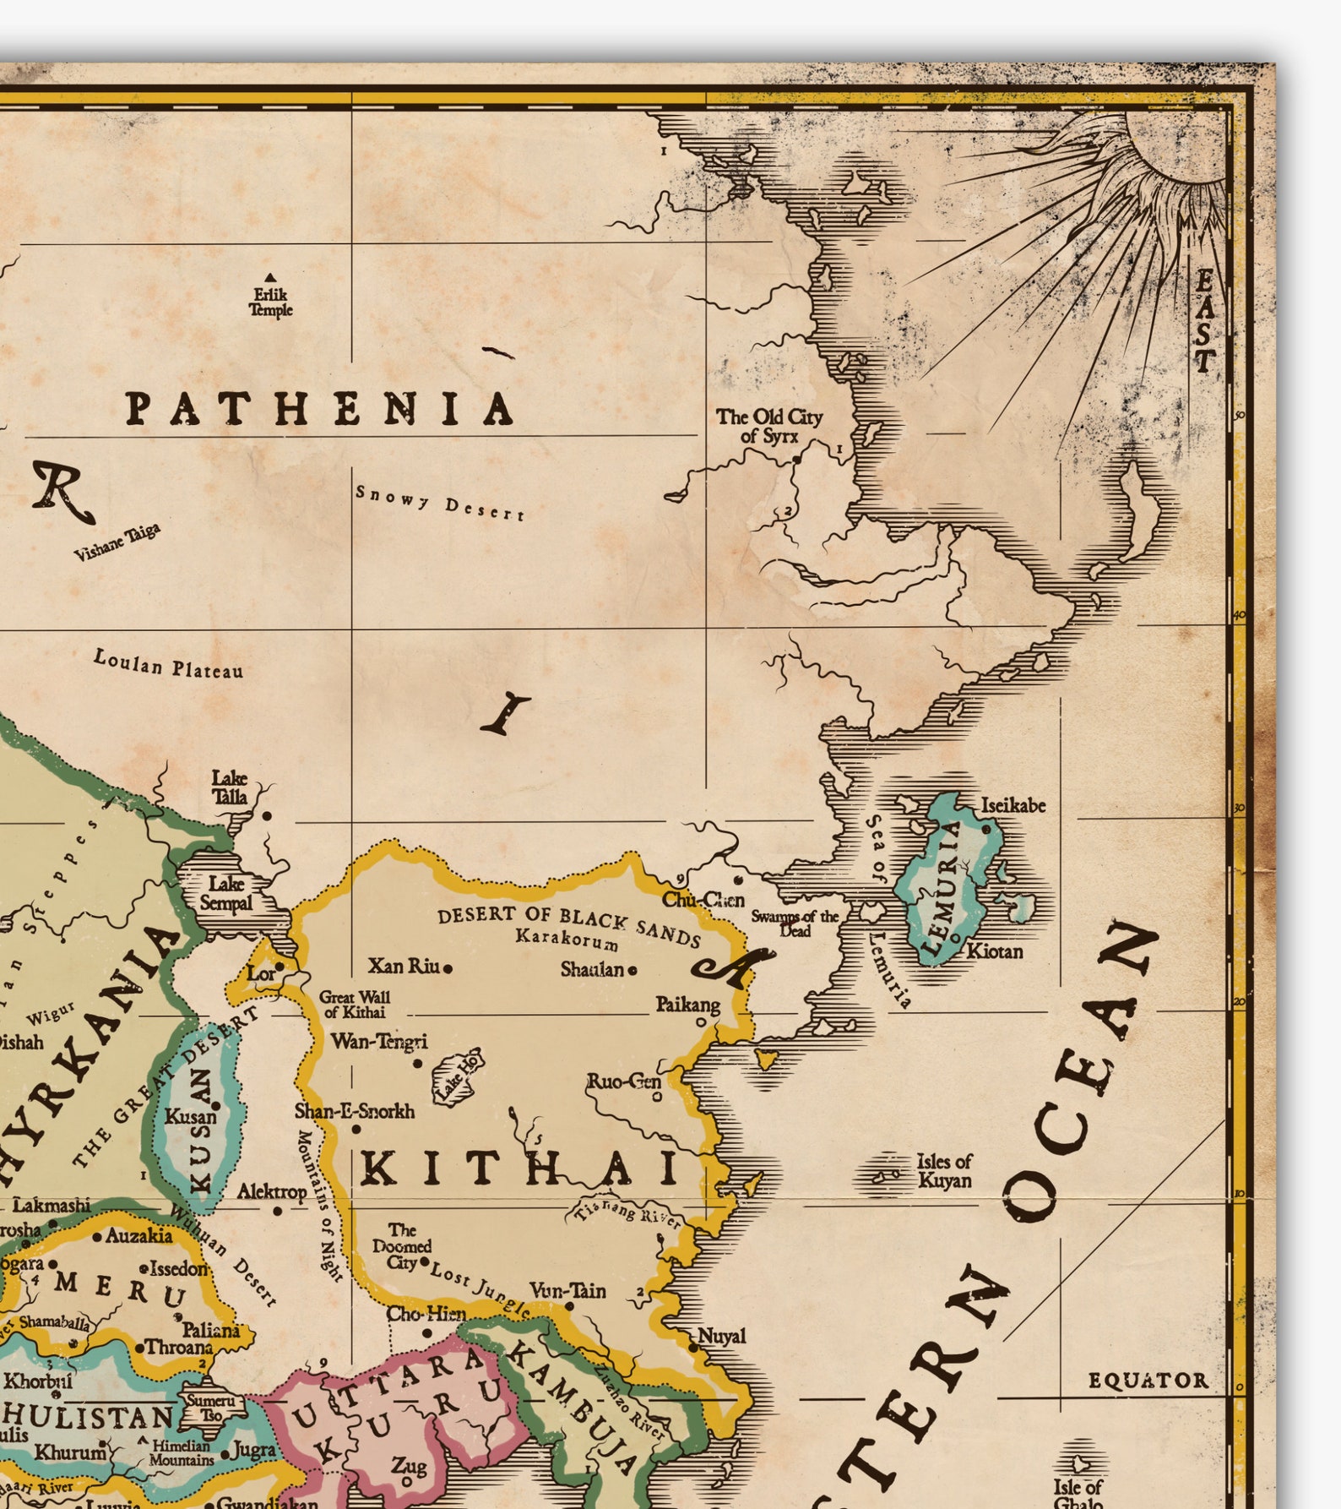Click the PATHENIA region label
[319, 408]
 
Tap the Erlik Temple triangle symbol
[270, 277]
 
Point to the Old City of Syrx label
[768, 426]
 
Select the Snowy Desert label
[439, 503]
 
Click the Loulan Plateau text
[168, 664]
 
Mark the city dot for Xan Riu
[448, 968]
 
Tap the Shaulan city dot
[632, 970]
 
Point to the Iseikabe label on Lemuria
[1013, 805]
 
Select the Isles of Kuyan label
[944, 1171]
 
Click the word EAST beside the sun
[1204, 321]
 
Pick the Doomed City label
[402, 1245]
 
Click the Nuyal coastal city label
[722, 1337]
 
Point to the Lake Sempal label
[225, 893]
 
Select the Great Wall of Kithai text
[354, 1004]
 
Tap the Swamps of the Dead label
[795, 923]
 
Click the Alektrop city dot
[277, 1211]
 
